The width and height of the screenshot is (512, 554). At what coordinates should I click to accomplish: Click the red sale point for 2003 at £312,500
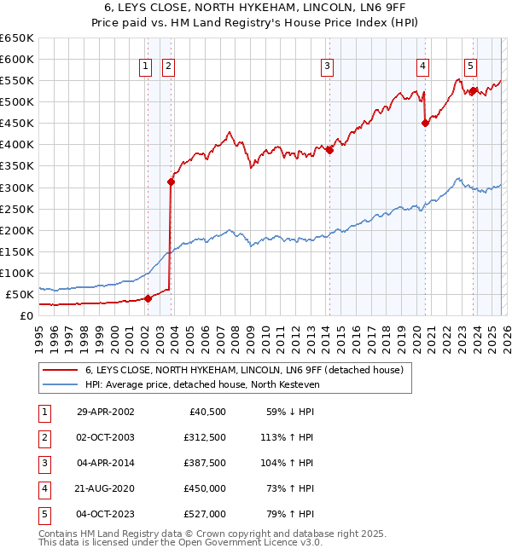pos(171,182)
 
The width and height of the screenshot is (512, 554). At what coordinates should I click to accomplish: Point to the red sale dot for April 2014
pos(329,150)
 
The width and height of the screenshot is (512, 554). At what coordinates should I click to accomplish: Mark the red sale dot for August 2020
pos(425,123)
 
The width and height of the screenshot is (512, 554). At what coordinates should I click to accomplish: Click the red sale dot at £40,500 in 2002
pos(148,298)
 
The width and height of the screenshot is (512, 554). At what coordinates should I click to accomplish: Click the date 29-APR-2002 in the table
pos(104,412)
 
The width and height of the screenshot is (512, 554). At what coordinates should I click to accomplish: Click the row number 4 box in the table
pos(44,488)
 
